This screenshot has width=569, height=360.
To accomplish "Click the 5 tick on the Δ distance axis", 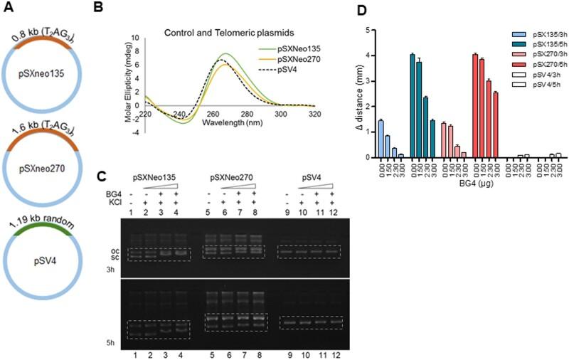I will tap(367, 30).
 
